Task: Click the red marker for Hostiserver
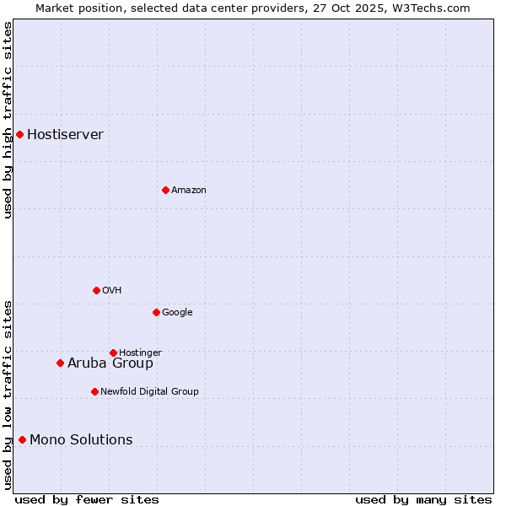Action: (19, 134)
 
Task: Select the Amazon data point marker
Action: (165, 190)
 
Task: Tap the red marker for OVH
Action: (96, 290)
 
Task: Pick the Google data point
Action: (156, 312)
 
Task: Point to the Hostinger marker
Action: (113, 353)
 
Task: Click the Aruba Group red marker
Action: (60, 363)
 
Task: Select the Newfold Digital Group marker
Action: (94, 391)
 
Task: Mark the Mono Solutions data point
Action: (22, 439)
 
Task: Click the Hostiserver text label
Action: (65, 134)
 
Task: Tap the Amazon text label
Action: (189, 190)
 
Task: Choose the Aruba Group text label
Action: (110, 363)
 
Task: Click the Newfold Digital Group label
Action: (149, 391)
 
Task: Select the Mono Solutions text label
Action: (81, 439)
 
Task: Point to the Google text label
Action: (177, 312)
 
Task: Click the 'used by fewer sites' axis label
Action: (87, 499)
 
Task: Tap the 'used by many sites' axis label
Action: (423, 499)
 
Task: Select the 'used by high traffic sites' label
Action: (8, 120)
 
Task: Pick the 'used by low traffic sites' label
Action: (8, 395)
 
